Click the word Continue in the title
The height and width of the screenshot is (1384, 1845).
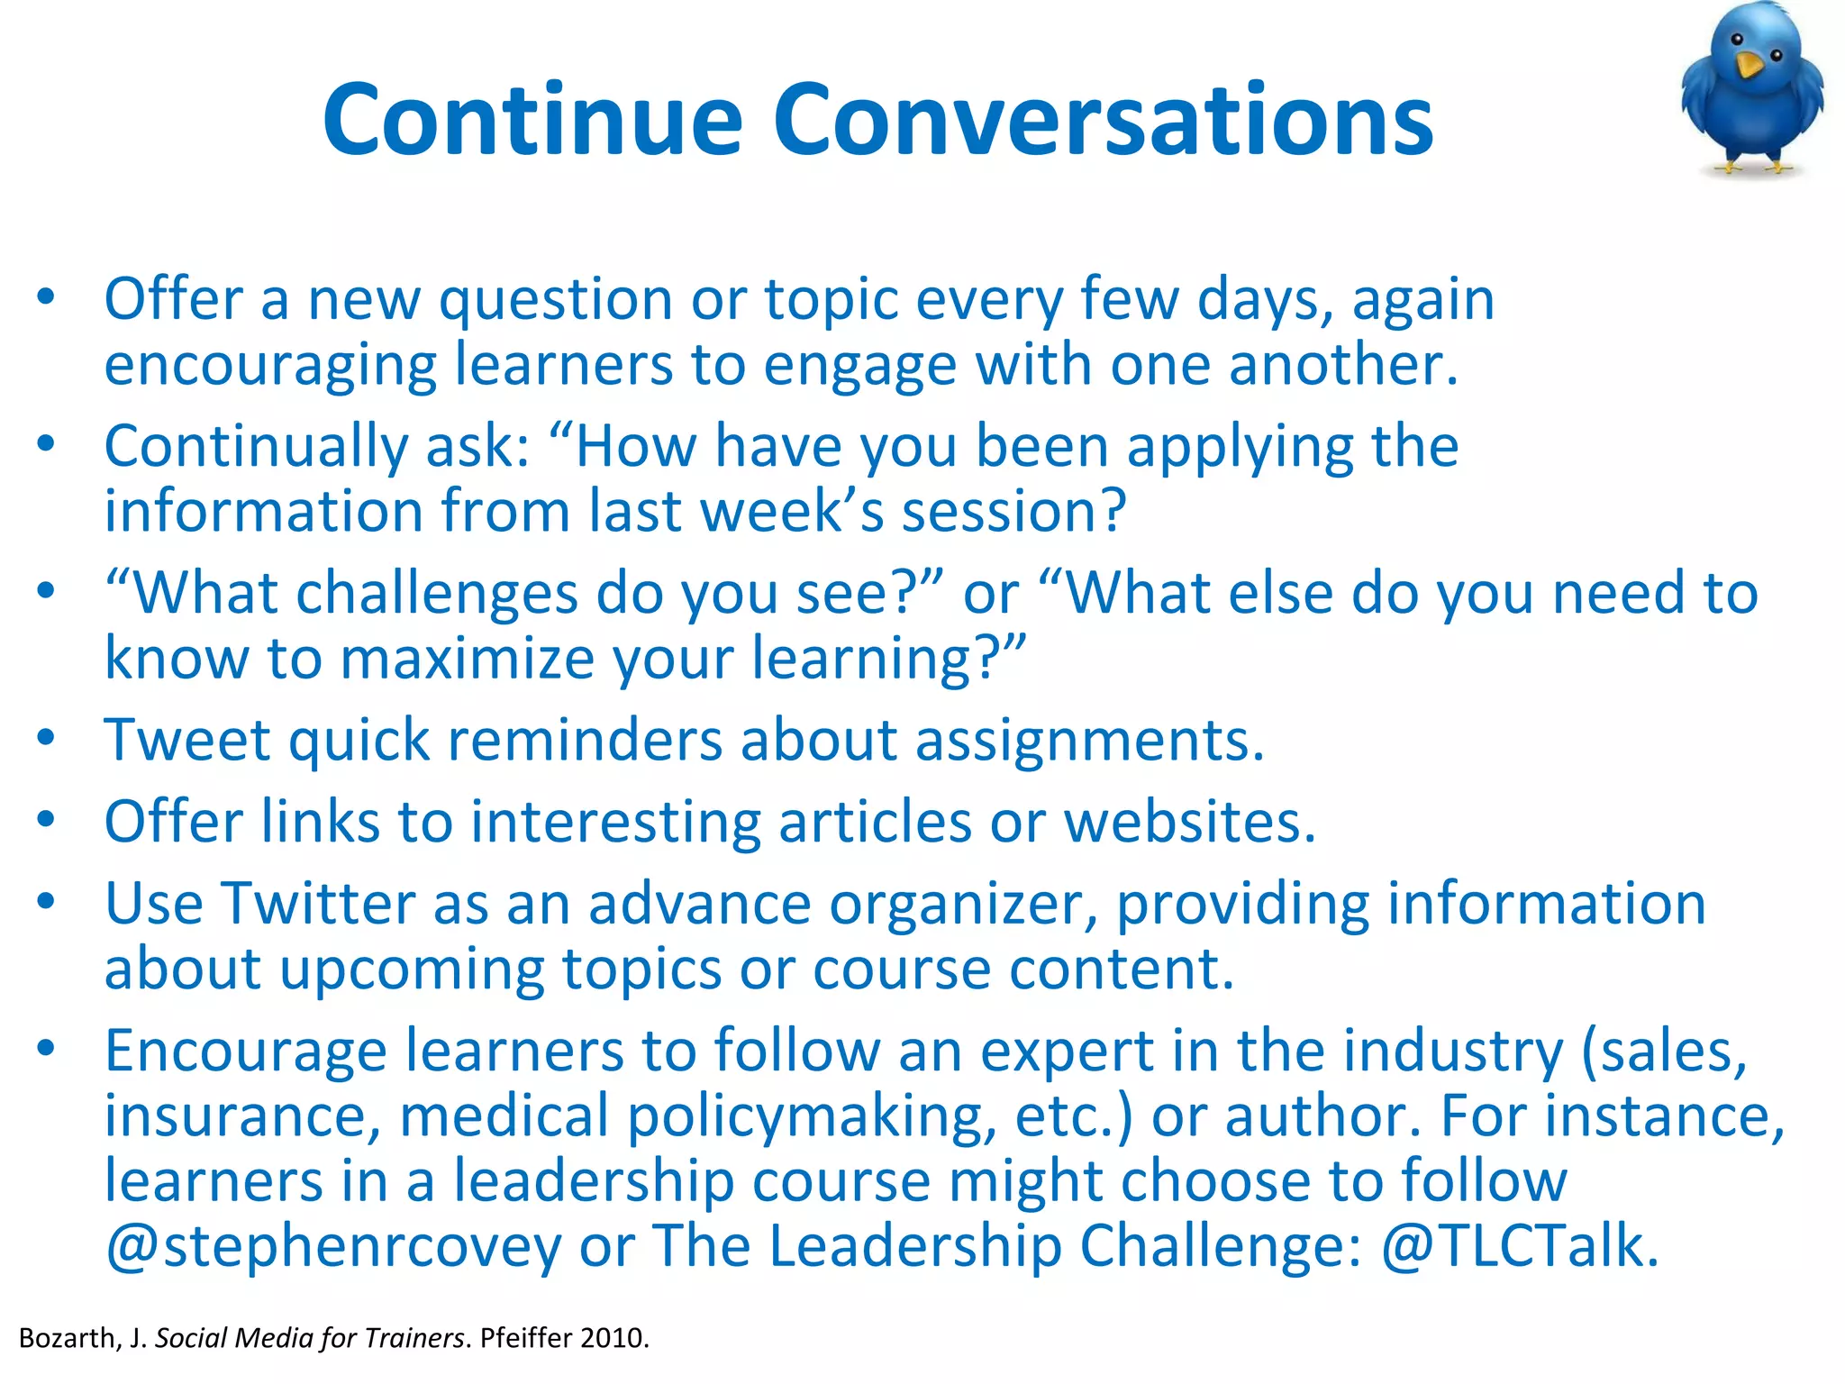click(532, 120)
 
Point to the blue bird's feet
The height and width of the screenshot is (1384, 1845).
click(1753, 166)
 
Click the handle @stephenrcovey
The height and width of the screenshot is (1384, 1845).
click(333, 1246)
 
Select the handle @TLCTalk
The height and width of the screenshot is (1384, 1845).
click(1519, 1246)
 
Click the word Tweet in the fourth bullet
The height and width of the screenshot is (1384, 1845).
click(187, 741)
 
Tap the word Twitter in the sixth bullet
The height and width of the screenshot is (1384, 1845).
click(318, 904)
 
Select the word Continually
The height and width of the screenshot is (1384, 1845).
click(256, 447)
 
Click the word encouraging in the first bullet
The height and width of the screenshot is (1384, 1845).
click(270, 366)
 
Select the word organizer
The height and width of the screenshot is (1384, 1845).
click(962, 904)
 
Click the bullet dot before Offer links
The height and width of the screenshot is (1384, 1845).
click(47, 820)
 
